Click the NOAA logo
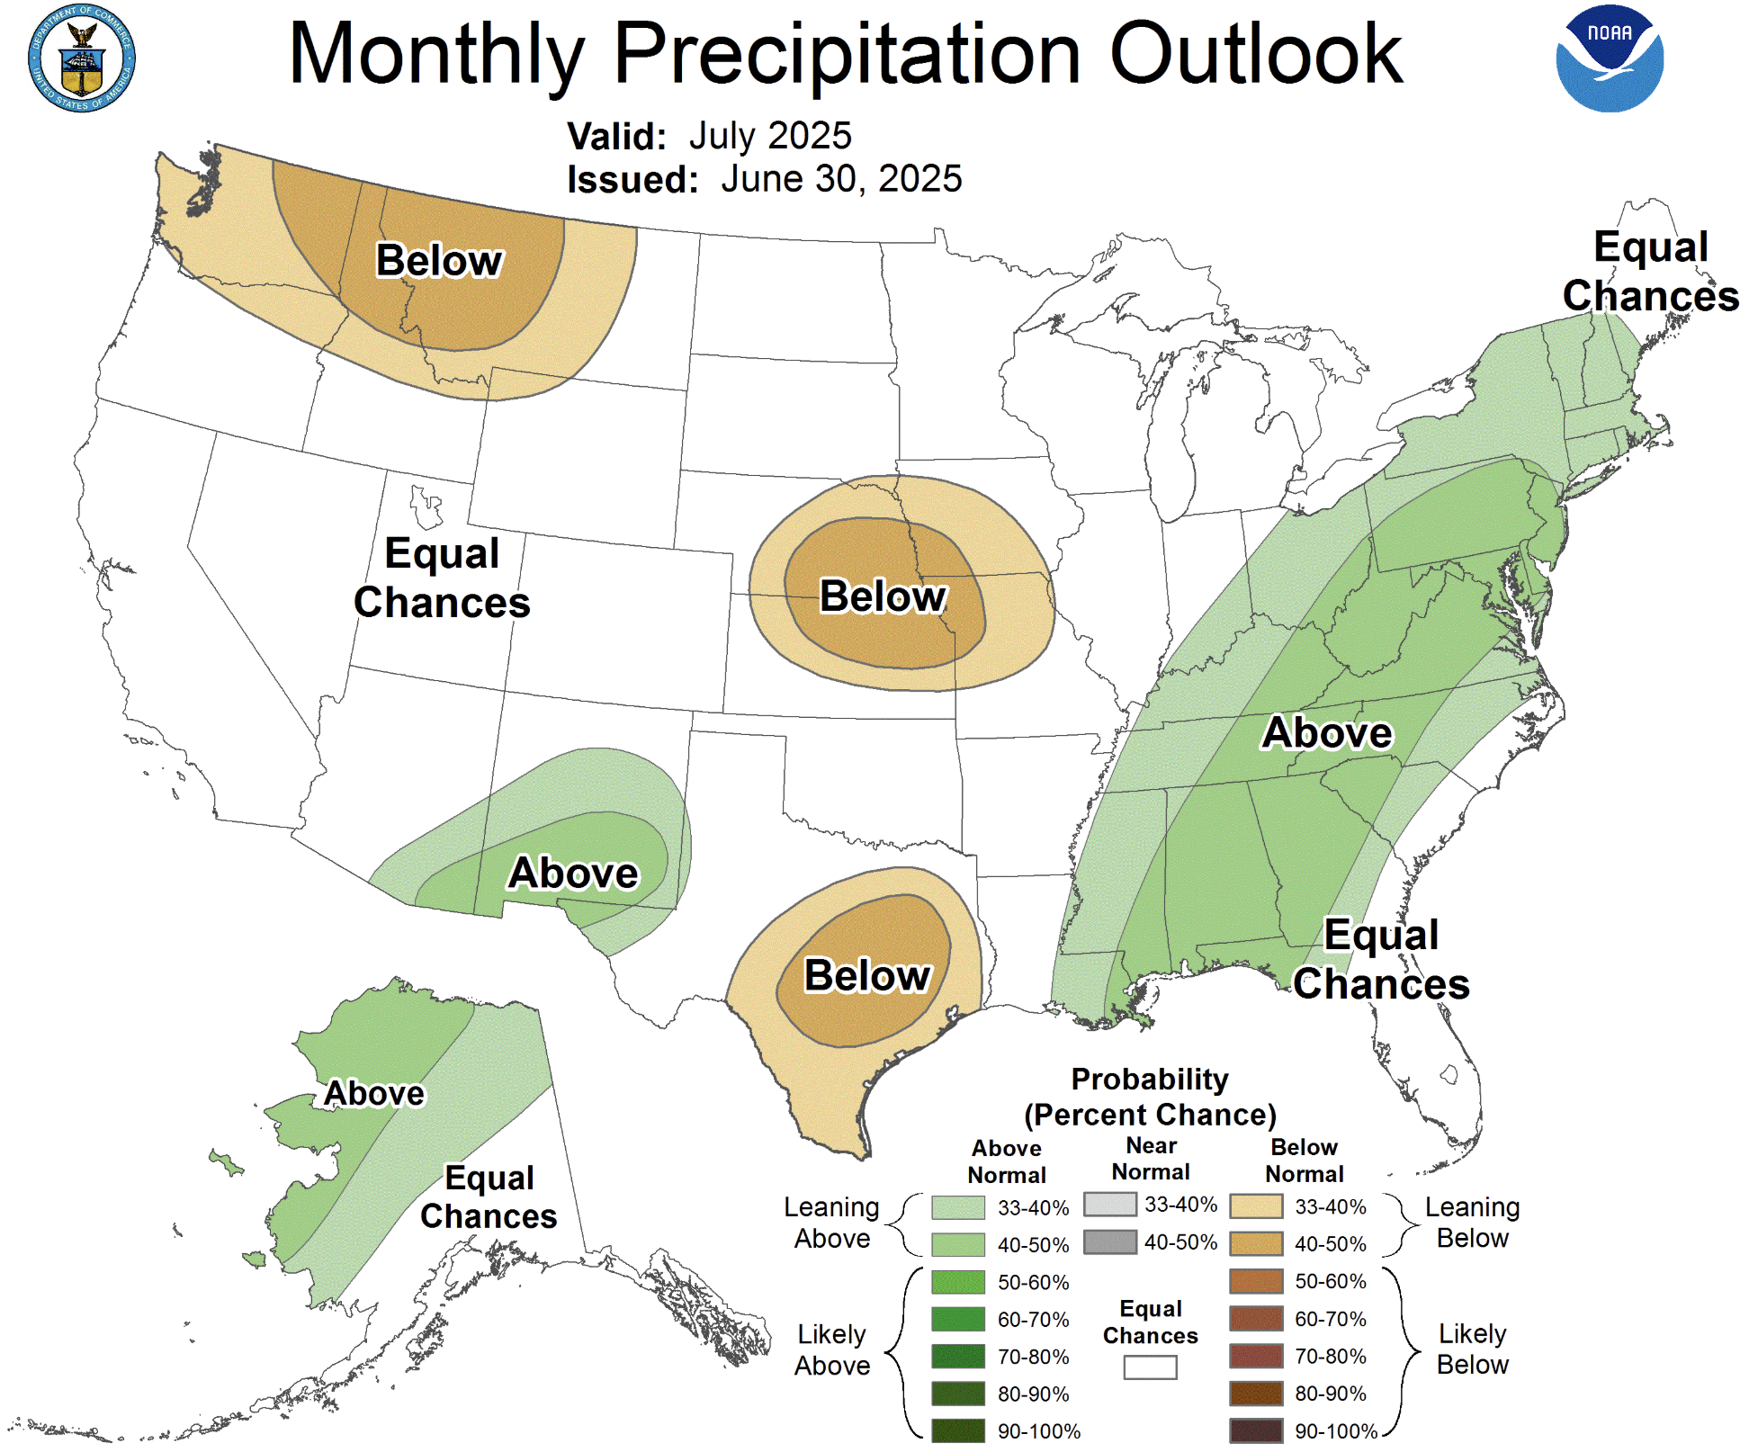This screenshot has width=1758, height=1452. [1610, 58]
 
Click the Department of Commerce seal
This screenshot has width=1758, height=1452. [82, 58]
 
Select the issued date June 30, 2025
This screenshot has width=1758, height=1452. [841, 179]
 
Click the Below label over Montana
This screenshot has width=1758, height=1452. [439, 261]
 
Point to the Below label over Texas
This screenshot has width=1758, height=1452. [867, 975]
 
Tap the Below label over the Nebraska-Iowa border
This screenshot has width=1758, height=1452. [883, 596]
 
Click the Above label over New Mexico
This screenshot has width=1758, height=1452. [573, 873]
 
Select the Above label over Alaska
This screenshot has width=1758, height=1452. [373, 1093]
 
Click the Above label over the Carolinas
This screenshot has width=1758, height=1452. [1327, 732]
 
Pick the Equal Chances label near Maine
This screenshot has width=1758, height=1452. [1650, 271]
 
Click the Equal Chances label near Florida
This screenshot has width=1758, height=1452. [1381, 959]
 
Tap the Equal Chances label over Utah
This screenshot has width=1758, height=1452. [442, 578]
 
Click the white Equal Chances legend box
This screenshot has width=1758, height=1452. [1150, 1367]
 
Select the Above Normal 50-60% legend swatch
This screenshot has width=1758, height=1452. [958, 1282]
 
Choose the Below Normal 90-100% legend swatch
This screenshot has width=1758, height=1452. [1256, 1430]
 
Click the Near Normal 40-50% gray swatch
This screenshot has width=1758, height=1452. [1110, 1242]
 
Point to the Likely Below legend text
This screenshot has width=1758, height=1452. [1472, 1349]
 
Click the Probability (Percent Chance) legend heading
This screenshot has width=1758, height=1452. [1150, 1097]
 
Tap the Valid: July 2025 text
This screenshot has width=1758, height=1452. [709, 137]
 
